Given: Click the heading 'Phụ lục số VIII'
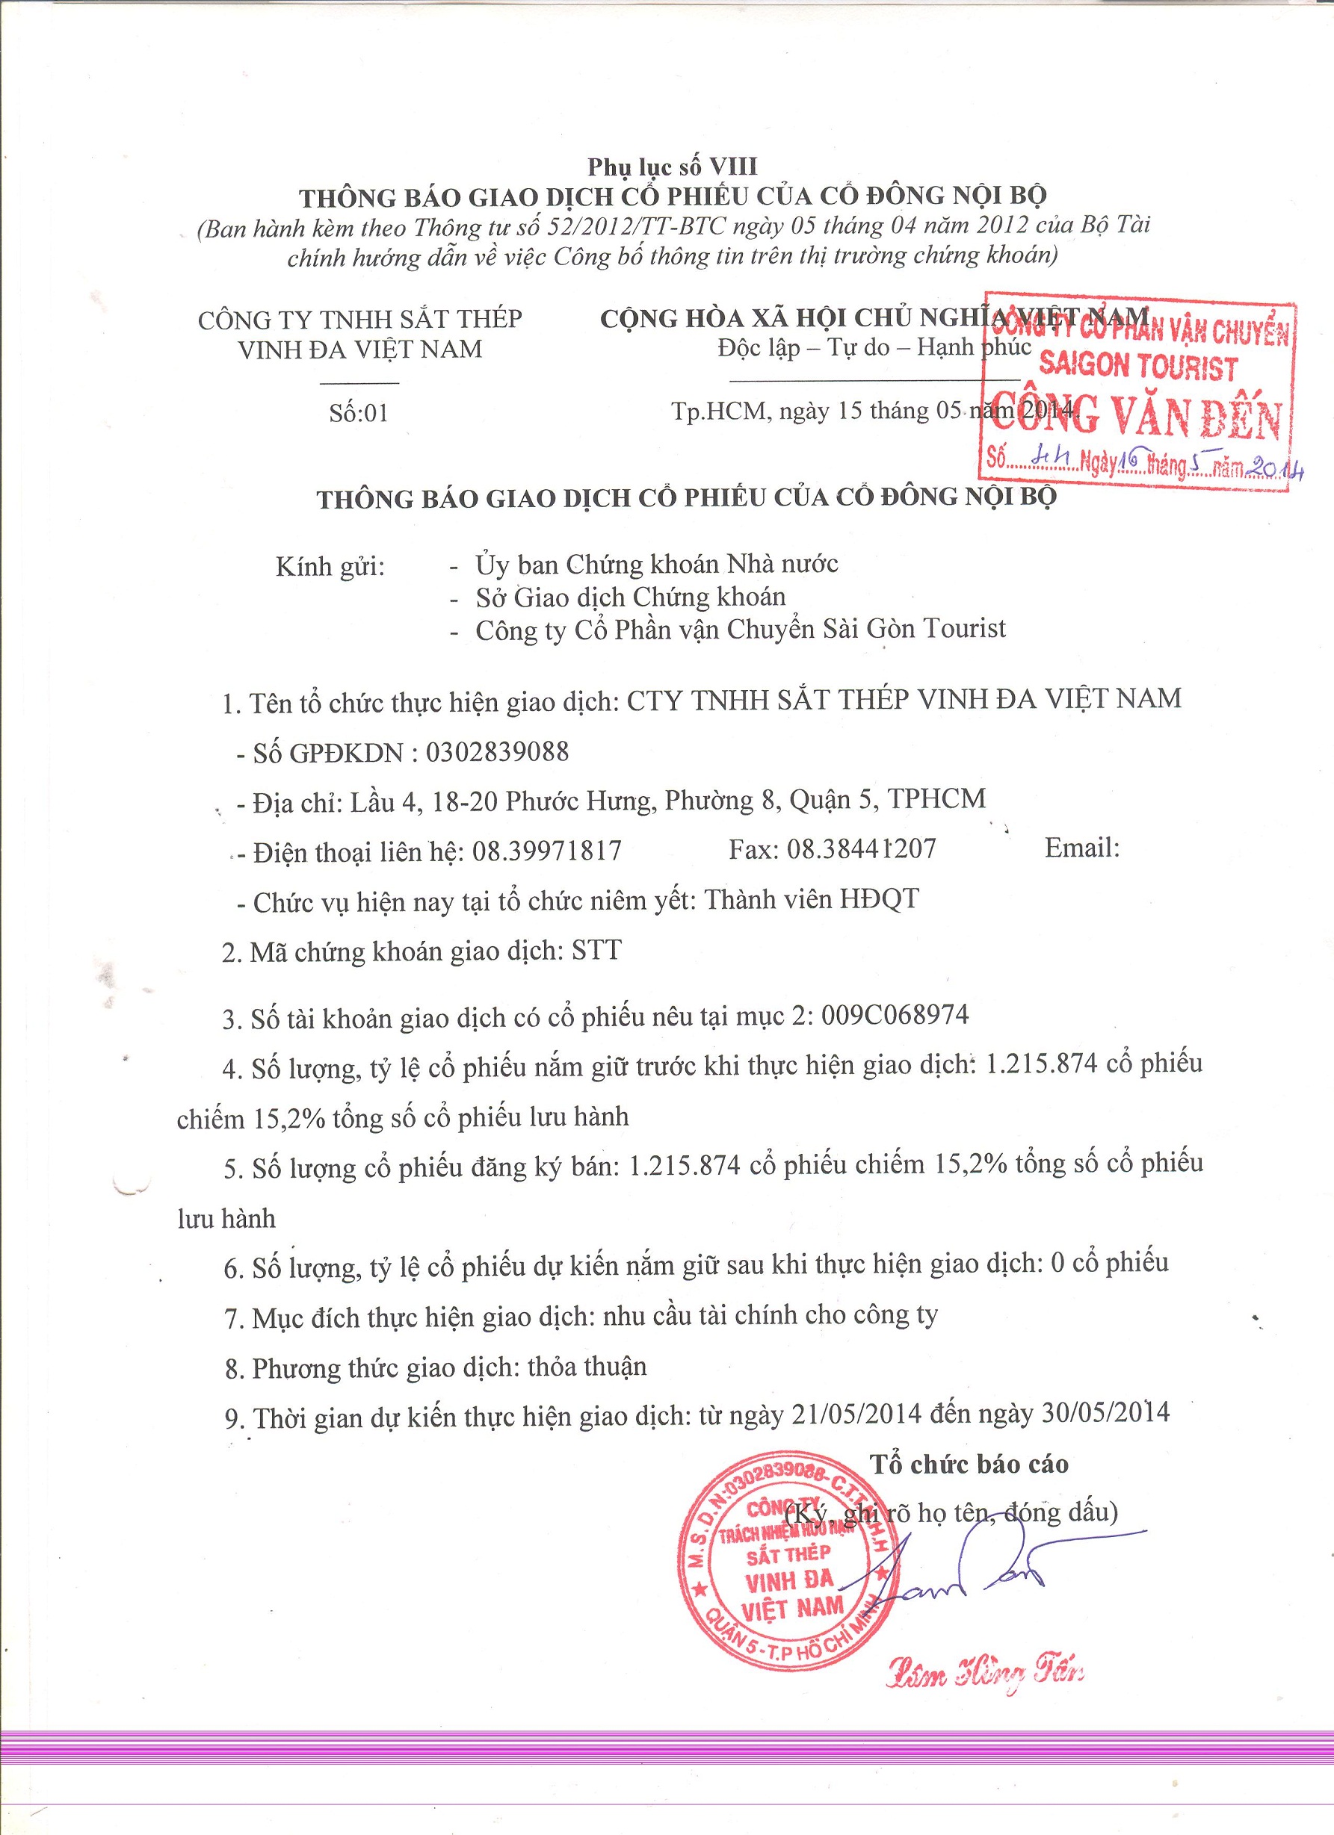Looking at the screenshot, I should coord(672,167).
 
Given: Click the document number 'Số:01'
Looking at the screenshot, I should coord(359,414).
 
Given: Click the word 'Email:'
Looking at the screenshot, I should coord(1082,847).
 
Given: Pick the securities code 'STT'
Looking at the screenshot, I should coord(596,950).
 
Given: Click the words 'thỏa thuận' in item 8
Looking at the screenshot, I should coord(587,1367).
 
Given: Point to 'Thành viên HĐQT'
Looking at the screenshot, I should coord(812,899).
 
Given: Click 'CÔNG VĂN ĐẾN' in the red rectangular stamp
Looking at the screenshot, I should coord(1136,418).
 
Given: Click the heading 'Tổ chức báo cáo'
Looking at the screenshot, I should coord(969,1464).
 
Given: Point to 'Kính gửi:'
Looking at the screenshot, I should coord(330,566).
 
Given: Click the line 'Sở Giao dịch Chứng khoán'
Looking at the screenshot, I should coord(630,597).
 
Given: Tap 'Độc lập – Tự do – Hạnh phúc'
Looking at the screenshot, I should coord(874,347).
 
